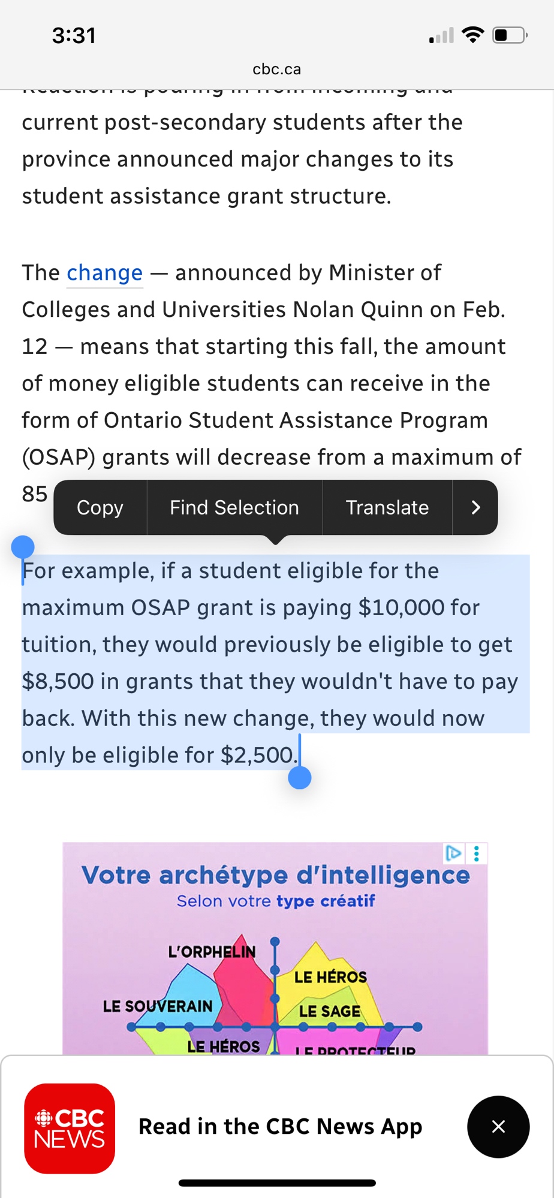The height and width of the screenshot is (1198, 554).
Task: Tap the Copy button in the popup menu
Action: click(x=100, y=507)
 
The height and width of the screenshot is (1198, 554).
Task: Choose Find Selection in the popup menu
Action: click(x=234, y=507)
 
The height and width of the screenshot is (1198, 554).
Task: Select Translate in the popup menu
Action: click(x=387, y=507)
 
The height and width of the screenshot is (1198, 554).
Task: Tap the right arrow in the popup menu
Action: click(x=475, y=507)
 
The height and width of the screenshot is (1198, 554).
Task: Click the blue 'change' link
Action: click(x=104, y=273)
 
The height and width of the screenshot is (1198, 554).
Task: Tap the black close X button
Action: click(x=498, y=1127)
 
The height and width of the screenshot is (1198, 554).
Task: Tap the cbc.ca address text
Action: click(x=276, y=69)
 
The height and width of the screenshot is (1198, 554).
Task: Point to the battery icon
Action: click(x=509, y=35)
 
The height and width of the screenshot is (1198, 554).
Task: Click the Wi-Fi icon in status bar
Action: click(x=473, y=35)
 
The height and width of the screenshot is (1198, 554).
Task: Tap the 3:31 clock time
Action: click(x=74, y=35)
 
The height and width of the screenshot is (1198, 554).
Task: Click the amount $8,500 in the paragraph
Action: click(x=58, y=682)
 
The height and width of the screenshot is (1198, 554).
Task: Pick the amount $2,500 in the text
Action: click(x=258, y=755)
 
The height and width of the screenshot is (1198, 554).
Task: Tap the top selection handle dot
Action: click(x=23, y=547)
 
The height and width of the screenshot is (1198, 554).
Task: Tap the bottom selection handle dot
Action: click(x=300, y=778)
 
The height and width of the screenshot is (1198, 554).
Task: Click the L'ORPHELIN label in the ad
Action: click(x=212, y=952)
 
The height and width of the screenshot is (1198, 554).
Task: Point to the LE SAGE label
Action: click(x=330, y=1012)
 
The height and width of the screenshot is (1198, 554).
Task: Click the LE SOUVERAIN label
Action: click(x=158, y=1006)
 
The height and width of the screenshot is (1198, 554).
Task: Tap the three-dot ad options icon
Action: click(x=477, y=854)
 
